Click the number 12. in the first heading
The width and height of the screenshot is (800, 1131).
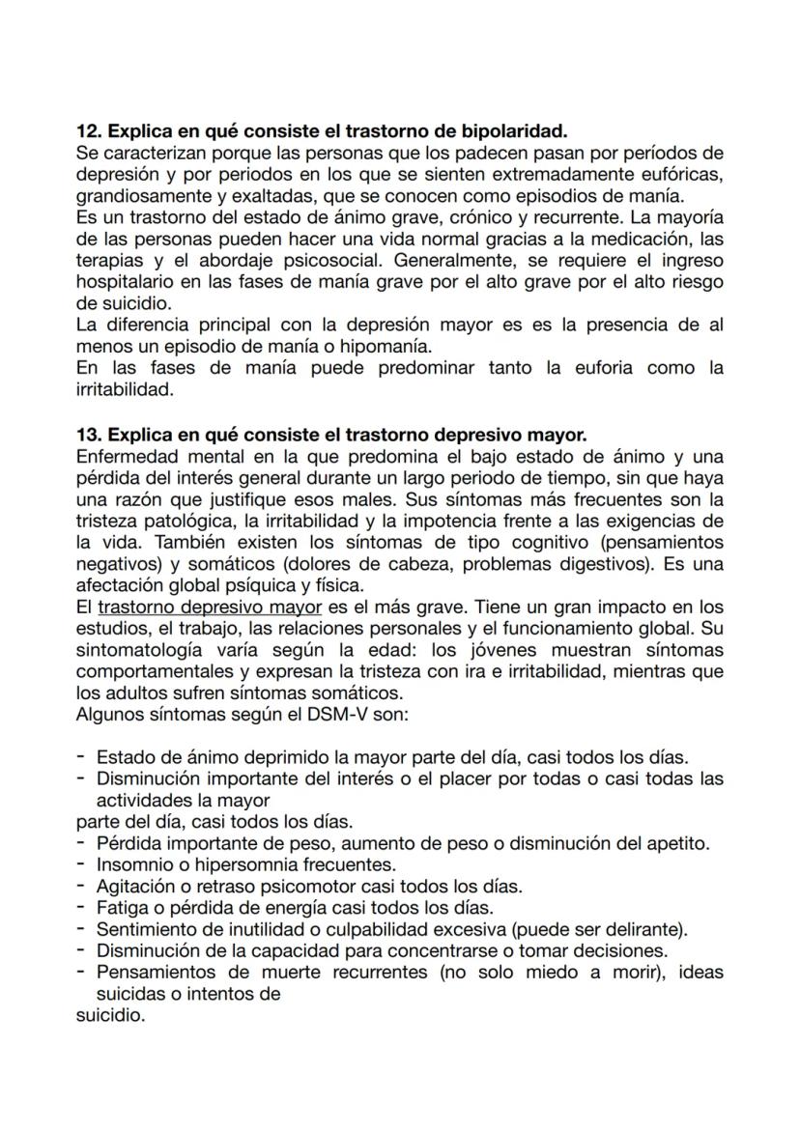89,130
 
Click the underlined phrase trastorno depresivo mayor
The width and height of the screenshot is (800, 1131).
210,608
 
